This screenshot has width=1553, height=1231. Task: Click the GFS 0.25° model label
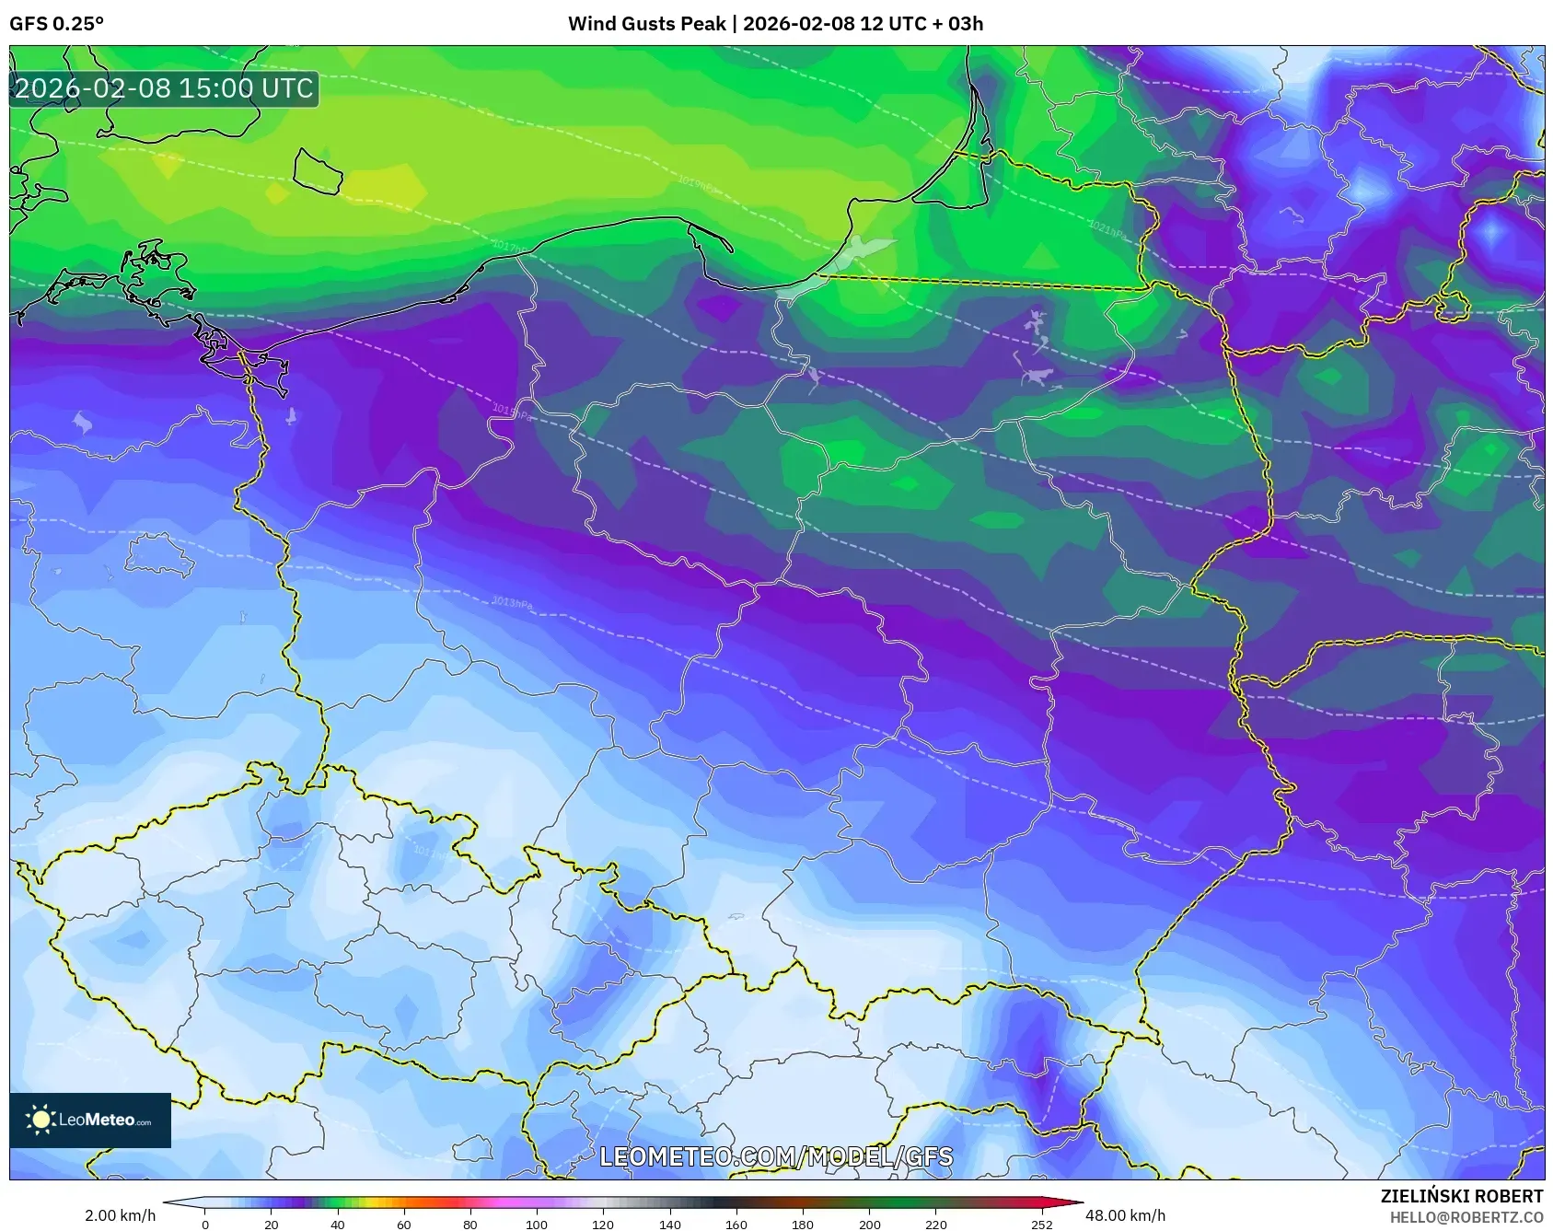pos(56,24)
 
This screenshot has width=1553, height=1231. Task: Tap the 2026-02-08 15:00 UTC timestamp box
pos(164,88)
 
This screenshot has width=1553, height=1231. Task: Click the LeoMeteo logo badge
pos(90,1120)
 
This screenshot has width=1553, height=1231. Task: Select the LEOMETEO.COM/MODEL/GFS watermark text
pos(776,1156)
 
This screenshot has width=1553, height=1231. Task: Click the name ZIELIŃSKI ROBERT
pos(1461,1196)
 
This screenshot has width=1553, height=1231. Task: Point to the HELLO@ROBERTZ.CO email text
pos(1466,1217)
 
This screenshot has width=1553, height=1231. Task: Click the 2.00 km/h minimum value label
pos(120,1215)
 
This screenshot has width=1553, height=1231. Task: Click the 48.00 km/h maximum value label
pos(1125,1215)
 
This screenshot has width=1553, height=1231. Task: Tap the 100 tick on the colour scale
pos(537,1225)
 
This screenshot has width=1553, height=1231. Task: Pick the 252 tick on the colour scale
pos(1041,1225)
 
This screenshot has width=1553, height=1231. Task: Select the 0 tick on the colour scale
pos(205,1225)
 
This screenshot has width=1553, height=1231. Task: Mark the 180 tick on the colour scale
pos(803,1225)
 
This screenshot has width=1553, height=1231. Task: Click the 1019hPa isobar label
pos(696,184)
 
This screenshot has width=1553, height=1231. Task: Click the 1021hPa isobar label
pos(1107,229)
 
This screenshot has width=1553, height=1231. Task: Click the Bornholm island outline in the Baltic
pos(318,171)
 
